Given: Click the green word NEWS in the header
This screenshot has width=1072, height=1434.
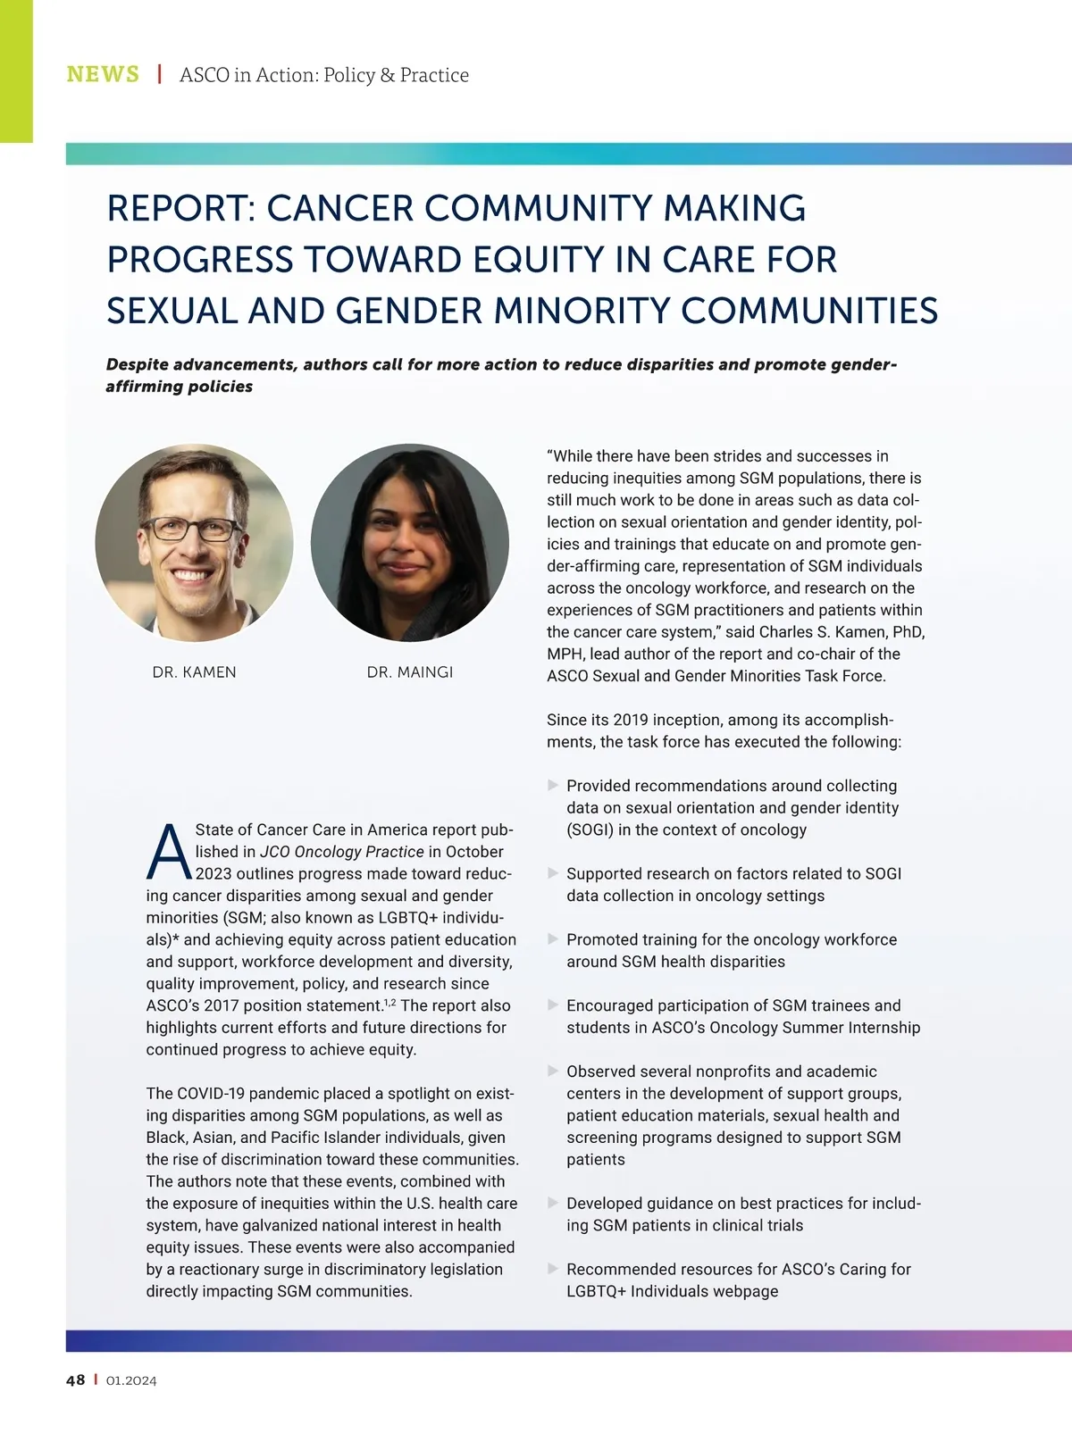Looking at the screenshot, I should click(x=103, y=74).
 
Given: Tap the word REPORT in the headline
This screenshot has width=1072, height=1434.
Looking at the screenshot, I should click(x=181, y=208).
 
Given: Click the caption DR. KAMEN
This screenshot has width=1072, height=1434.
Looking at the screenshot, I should click(x=194, y=672).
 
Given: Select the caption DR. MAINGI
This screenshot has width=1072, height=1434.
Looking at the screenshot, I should click(x=410, y=672).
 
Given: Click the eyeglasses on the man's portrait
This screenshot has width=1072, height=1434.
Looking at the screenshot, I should click(x=192, y=529).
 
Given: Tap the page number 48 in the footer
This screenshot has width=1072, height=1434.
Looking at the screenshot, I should click(x=76, y=1380).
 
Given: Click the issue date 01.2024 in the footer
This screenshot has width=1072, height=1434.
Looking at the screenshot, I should click(x=131, y=1380).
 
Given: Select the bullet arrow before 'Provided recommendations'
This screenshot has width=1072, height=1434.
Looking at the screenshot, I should click(x=553, y=785).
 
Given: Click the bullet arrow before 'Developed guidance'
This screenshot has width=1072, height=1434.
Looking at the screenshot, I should click(x=553, y=1203).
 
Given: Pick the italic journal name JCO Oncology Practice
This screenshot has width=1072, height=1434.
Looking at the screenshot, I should click(x=342, y=852).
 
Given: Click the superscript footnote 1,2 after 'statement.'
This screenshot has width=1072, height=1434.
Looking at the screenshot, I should click(x=389, y=1003).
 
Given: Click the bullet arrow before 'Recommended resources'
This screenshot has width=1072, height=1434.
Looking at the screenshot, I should click(x=553, y=1269).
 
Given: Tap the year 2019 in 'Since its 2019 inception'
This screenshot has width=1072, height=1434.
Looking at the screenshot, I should click(x=632, y=720).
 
